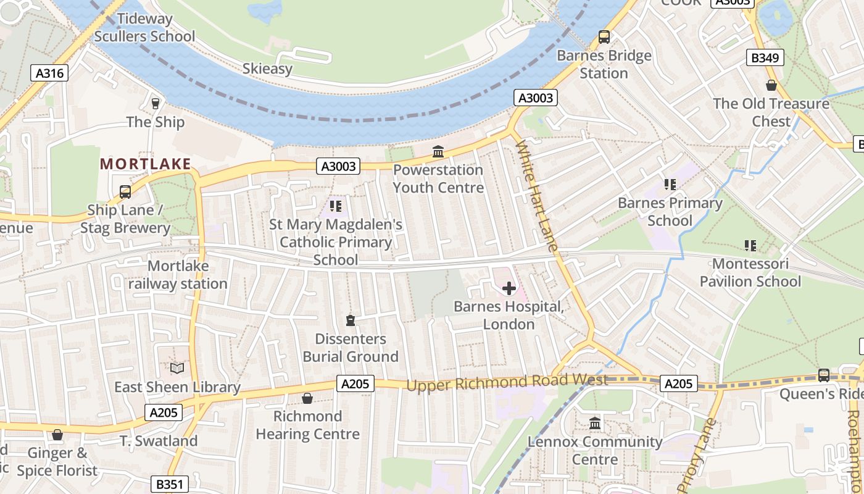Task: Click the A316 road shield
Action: click(49, 73)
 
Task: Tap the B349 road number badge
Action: click(765, 58)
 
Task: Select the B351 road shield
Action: click(169, 484)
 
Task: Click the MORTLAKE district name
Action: click(146, 164)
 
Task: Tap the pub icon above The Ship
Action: click(156, 103)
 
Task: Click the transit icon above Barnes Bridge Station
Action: click(604, 37)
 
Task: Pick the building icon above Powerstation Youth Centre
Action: click(438, 151)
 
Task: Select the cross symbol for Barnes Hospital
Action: click(509, 288)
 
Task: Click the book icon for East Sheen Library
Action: click(177, 369)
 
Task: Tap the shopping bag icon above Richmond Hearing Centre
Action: click(307, 398)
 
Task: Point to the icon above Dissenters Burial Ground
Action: click(351, 320)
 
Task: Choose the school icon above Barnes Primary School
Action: click(670, 184)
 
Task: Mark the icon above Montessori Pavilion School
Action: click(750, 246)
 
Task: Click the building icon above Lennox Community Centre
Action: click(595, 424)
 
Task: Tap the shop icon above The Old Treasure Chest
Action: click(771, 85)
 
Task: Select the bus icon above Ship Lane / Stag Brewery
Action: click(125, 192)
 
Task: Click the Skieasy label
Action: click(267, 69)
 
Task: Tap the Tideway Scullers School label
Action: click(144, 28)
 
